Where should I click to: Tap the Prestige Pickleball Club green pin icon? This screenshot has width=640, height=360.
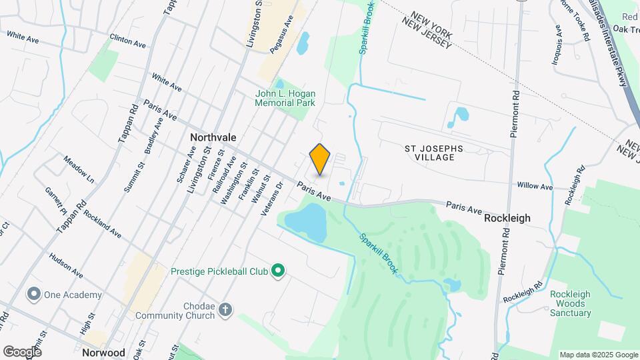coord(281,271)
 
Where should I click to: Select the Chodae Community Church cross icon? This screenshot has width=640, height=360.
coord(226,309)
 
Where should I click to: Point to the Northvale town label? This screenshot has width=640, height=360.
coord(213,137)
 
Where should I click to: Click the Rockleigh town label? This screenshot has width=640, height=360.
coord(507,218)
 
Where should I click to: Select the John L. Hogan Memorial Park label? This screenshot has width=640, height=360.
coord(285,99)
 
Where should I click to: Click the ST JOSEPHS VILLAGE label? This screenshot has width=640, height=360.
coord(434,153)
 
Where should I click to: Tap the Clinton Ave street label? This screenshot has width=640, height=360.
coord(127,41)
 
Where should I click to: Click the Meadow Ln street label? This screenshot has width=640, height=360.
coord(79,170)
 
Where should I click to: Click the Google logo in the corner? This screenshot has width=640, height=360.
coord(21,351)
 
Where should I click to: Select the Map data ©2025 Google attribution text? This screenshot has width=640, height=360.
coord(598,355)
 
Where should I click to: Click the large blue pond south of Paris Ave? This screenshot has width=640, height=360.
coord(307,221)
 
